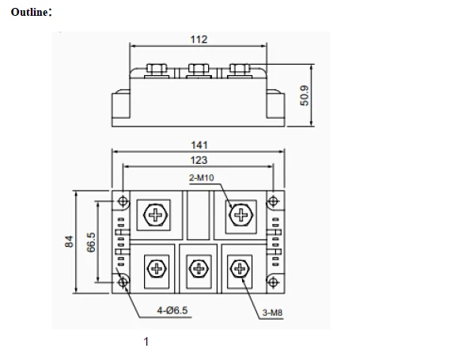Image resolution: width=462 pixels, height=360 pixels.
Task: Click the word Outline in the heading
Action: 30,13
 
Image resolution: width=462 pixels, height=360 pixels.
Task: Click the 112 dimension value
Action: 199,40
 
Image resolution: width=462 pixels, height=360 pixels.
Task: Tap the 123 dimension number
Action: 199,160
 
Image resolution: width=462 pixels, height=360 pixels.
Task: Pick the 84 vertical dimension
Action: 69,241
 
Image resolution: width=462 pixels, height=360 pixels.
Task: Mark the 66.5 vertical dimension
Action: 91,241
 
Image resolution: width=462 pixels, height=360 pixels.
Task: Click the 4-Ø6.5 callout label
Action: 172,311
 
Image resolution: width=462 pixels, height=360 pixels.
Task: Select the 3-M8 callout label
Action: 272,313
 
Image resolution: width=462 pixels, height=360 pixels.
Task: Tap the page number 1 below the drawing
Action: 146,342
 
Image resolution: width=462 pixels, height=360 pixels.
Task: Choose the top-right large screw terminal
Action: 240,214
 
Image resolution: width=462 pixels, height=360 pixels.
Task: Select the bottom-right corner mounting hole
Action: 274,281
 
